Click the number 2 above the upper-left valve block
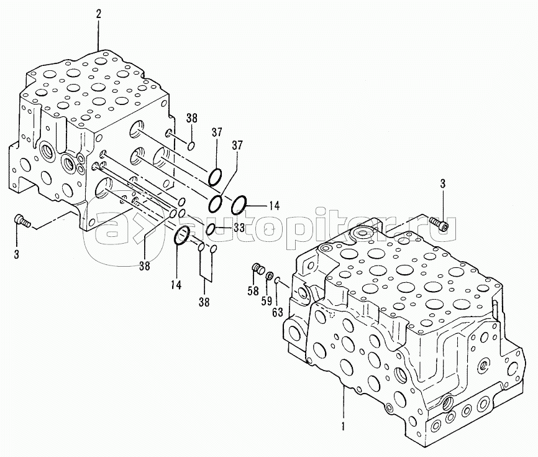coord(98,12)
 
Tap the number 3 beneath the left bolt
coord(17,254)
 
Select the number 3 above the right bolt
coord(443,183)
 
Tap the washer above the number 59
coord(269,275)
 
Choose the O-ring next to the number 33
coord(211,230)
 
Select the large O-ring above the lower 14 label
coord(181,236)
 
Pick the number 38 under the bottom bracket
coord(204,303)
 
